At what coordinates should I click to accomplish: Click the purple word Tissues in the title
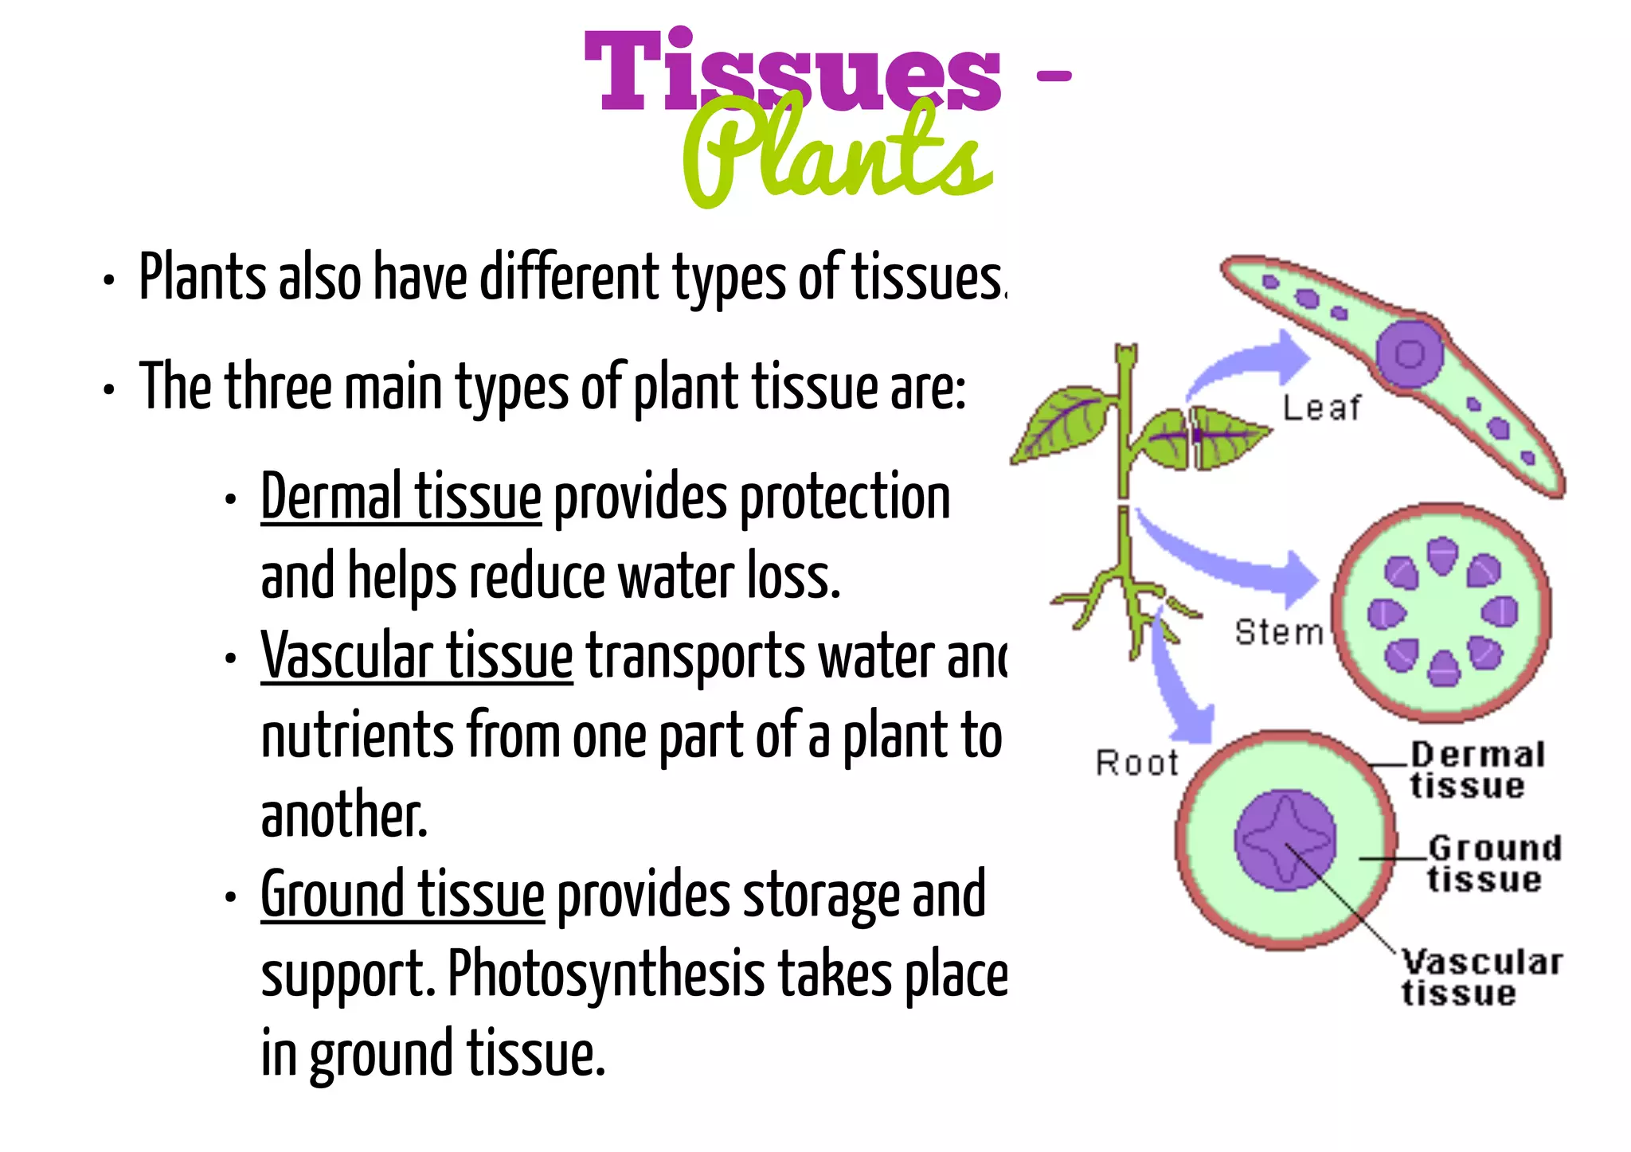792,72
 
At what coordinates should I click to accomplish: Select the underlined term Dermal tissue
401,498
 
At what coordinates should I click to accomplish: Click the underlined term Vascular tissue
417,657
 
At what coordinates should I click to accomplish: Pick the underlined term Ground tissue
402,896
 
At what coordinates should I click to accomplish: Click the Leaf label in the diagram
1321,408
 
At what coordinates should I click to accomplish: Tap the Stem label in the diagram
1278,632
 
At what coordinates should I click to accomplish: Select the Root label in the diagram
1136,763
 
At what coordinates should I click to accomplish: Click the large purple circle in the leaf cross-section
1410,353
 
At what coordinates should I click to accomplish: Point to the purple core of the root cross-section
1285,840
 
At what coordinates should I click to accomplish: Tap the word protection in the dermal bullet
845,498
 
